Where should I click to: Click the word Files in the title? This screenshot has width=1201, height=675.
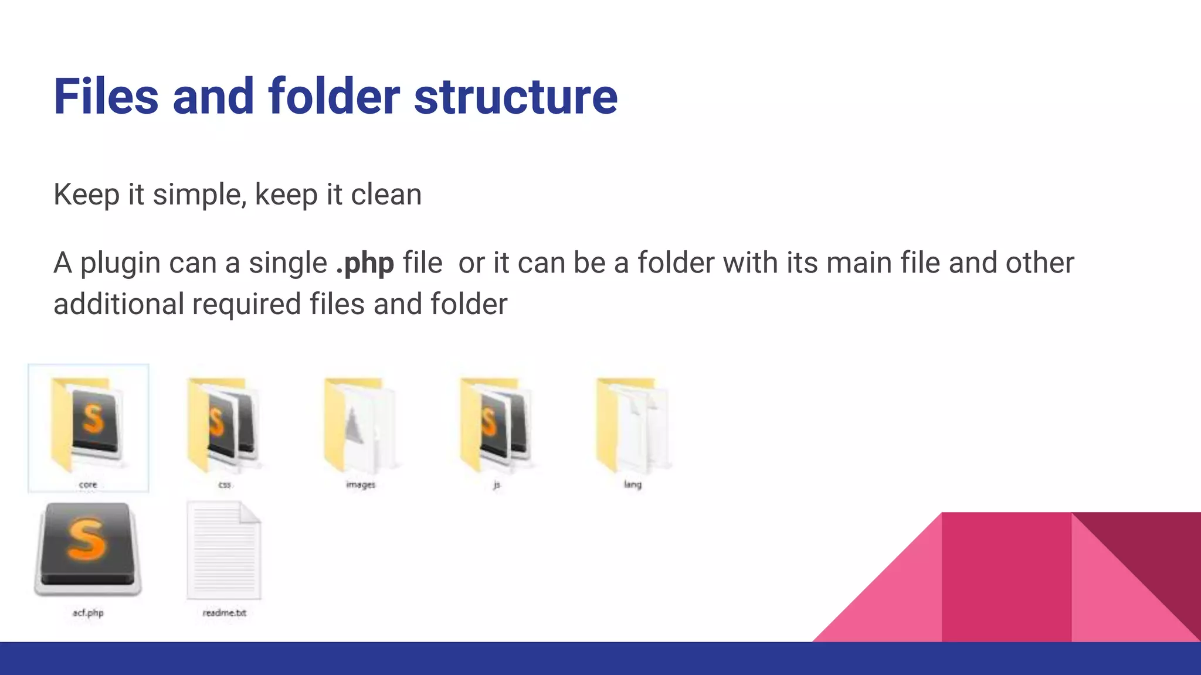[106, 97]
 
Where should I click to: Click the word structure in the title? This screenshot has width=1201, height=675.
[515, 97]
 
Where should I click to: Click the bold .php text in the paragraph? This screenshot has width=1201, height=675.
[365, 263]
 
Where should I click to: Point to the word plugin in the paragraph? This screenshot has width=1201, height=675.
[120, 263]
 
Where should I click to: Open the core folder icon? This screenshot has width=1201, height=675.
[88, 425]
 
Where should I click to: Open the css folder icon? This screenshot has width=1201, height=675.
[224, 425]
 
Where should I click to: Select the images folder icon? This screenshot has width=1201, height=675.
[360, 425]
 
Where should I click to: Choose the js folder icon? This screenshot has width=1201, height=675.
[497, 425]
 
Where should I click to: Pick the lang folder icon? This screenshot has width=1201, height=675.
[633, 425]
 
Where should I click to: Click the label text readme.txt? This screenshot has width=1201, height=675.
[224, 613]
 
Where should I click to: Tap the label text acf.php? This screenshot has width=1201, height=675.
[88, 613]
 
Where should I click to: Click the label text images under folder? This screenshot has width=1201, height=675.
[360, 485]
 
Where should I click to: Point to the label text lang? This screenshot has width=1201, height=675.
[633, 485]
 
